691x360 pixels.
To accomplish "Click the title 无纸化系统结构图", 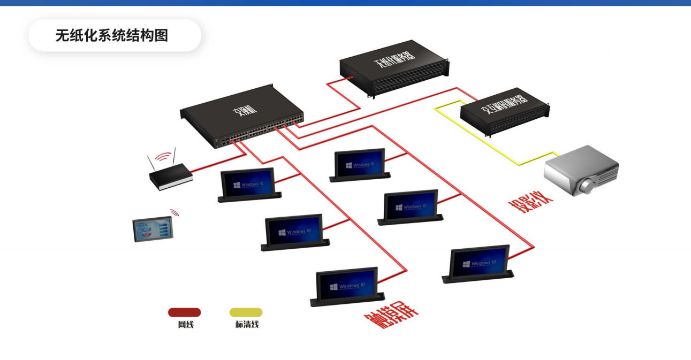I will [x=112, y=36].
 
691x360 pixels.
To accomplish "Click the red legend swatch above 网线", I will [x=184, y=312].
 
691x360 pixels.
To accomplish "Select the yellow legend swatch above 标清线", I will [x=246, y=312].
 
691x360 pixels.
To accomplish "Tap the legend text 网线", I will [x=186, y=325].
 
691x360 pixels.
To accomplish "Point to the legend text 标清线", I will [x=247, y=325].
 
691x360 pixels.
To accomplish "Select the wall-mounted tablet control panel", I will [x=154, y=228].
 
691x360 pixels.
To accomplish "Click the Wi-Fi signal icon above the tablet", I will [x=174, y=212].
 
